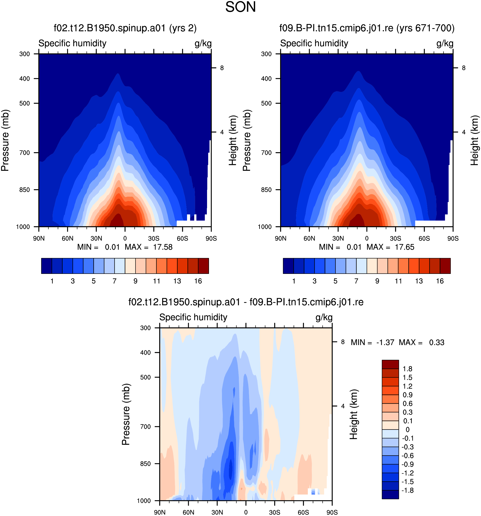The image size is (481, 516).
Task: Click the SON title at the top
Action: [240, 7]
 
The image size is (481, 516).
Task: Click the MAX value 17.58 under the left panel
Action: [163, 247]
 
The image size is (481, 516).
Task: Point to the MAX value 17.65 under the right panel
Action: [405, 247]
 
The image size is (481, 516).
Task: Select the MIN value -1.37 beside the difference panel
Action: [385, 343]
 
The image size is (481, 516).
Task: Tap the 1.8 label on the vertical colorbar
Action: [407, 369]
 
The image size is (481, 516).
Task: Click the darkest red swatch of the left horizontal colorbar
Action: [203, 266]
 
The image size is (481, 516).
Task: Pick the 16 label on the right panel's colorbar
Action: [440, 281]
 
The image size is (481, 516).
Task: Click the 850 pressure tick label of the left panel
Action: [25, 190]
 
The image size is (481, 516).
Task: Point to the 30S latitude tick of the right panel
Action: [395, 238]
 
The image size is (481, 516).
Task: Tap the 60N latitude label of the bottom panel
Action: [188, 512]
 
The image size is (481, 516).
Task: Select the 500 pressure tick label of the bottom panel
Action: [145, 377]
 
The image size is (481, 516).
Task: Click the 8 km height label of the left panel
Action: [222, 68]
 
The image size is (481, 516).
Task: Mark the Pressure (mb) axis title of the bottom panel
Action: [126, 414]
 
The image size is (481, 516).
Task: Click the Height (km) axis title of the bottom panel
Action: [354, 415]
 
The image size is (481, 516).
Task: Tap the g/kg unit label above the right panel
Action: [445, 43]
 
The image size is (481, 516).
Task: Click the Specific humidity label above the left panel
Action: [72, 43]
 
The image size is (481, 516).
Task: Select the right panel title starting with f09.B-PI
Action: [367, 28]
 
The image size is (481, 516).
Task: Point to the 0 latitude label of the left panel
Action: [125, 238]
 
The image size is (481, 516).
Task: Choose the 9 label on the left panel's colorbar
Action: [135, 281]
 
